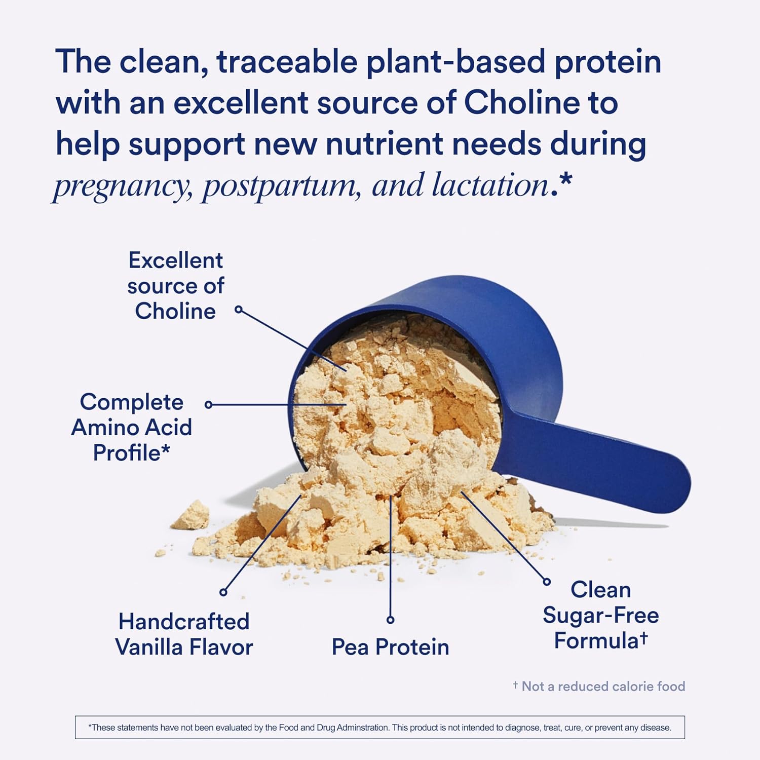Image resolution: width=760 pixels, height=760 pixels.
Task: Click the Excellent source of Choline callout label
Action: coord(175,286)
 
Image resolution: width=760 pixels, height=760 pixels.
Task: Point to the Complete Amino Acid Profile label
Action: coord(132,427)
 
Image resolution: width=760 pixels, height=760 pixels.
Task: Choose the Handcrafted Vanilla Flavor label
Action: coord(184,634)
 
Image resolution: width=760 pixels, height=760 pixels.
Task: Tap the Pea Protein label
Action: coord(390,647)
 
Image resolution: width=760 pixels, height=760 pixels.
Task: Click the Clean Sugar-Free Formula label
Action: coord(600,615)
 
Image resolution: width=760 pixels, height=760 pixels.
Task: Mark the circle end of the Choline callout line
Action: coord(239,309)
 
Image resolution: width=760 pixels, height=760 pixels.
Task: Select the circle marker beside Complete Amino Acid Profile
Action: coord(208,404)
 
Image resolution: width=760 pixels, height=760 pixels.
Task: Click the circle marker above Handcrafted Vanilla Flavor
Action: coord(223,592)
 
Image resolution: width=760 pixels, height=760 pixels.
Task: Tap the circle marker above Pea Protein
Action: coord(390,620)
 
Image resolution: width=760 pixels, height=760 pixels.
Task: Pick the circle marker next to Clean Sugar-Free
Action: coord(547,582)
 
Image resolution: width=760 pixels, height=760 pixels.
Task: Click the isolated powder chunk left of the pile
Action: coord(191,515)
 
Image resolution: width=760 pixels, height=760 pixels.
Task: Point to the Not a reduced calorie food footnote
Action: coord(599,686)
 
